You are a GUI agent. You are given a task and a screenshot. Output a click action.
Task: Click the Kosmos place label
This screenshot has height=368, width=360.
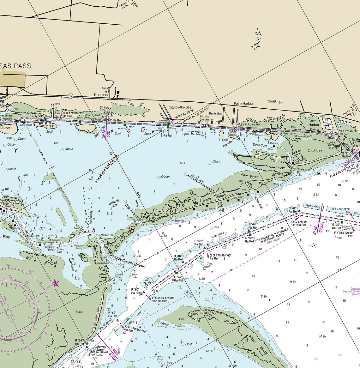tap(101, 94)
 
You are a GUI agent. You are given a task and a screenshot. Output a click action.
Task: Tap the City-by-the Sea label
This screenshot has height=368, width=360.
tap(180, 107)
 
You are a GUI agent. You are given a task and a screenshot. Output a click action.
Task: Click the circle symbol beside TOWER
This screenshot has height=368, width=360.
tap(281, 102)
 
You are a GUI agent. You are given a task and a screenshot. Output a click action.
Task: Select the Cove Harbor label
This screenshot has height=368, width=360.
tap(313, 123)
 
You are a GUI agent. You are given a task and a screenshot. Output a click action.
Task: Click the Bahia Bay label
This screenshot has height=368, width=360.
tap(215, 113)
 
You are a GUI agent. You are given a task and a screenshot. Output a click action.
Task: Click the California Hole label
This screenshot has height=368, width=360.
tap(113, 203)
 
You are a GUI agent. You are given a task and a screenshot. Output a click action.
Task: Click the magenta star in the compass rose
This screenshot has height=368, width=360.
tap(56, 283)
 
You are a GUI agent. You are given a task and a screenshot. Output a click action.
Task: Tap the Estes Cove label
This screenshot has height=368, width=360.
tap(260, 145)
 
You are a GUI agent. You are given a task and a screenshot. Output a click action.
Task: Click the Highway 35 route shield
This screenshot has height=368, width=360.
tap(70, 96)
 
